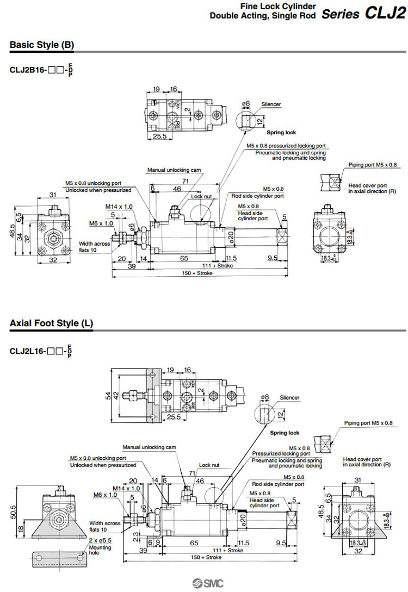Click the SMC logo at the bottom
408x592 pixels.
click(203, 583)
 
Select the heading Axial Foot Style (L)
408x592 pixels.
click(51, 323)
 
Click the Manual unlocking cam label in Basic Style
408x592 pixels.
click(174, 170)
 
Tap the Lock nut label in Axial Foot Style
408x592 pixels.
click(209, 465)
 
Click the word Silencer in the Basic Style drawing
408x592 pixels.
click(271, 104)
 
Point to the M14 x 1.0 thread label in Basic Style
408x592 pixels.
click(119, 207)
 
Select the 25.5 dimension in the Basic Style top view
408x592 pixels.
click(159, 136)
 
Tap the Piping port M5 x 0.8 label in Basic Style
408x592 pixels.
click(373, 164)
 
